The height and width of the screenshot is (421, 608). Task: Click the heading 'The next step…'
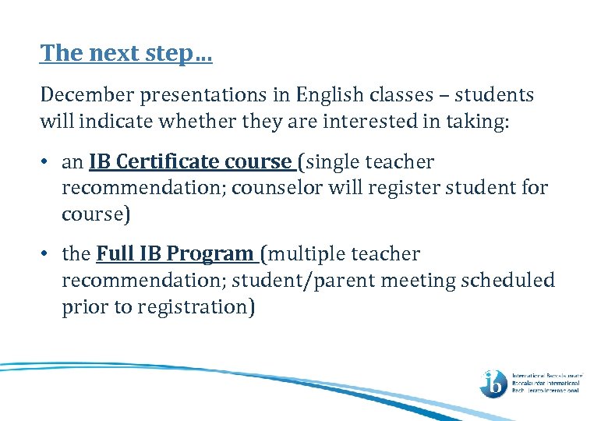(126, 53)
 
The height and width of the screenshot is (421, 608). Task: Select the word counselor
(268, 188)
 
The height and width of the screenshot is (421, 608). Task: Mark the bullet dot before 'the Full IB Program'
(47, 254)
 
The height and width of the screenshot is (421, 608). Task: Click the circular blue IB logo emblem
(493, 382)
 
